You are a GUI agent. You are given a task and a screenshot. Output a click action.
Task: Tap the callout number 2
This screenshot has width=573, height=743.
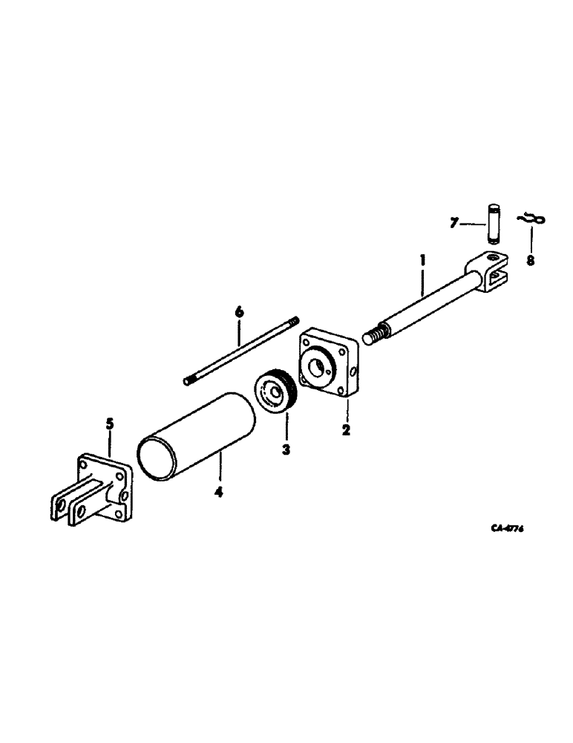(x=347, y=429)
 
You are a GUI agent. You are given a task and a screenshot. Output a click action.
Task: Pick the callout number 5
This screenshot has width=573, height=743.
(x=110, y=424)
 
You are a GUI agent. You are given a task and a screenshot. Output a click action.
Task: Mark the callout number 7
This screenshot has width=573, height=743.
(x=455, y=222)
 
